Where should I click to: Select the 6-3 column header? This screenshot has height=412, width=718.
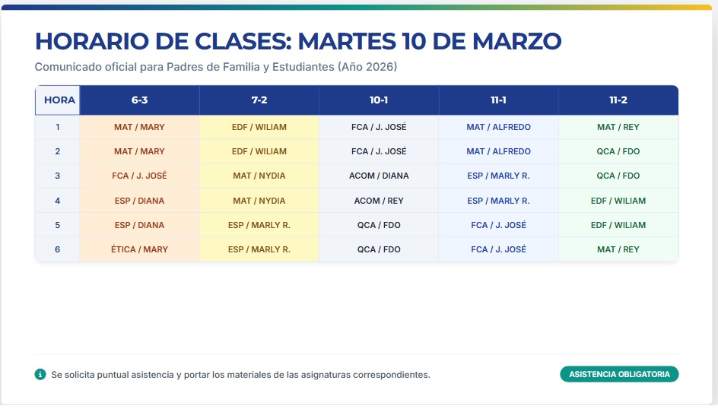(x=140, y=100)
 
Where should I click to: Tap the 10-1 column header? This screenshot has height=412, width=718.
(x=379, y=100)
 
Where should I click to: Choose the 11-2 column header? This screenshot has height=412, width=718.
(x=618, y=100)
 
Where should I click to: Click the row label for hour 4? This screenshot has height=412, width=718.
(x=58, y=201)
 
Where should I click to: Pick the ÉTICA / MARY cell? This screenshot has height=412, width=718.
(x=140, y=249)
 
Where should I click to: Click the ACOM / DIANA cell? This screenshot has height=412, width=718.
(x=379, y=176)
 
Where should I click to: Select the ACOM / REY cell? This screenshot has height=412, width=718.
(x=379, y=201)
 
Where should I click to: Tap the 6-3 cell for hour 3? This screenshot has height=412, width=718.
(x=140, y=176)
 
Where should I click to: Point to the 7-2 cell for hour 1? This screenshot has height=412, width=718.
(x=259, y=127)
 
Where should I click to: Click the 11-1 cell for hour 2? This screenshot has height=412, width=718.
(x=499, y=151)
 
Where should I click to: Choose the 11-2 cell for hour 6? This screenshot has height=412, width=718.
(x=618, y=249)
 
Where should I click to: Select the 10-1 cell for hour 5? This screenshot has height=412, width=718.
(x=379, y=225)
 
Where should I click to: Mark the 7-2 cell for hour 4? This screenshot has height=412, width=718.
(x=259, y=201)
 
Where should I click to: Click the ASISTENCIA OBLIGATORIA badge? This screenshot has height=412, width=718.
(x=619, y=374)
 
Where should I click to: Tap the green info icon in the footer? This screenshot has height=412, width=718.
(x=40, y=375)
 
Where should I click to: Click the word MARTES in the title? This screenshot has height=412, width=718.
(x=347, y=41)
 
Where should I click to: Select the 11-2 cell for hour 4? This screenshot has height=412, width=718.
(x=618, y=201)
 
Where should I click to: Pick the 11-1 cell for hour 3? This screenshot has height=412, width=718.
(x=499, y=176)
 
